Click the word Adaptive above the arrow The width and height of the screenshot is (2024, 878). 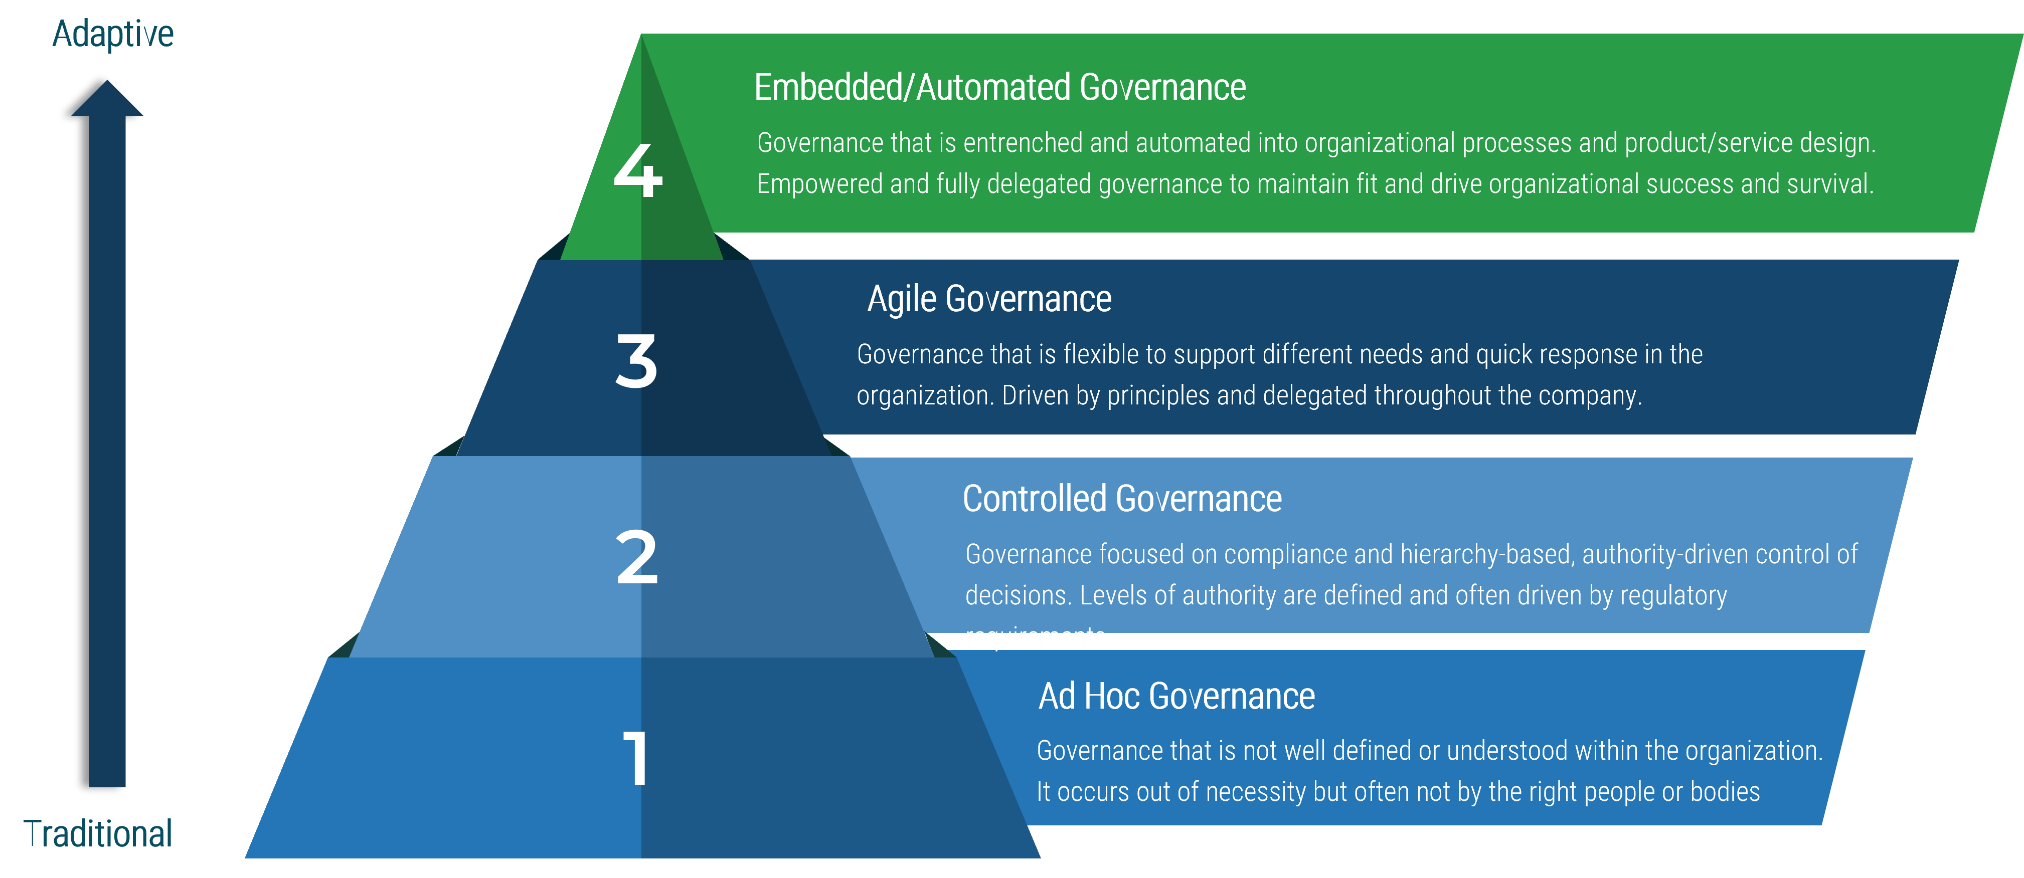[x=113, y=35]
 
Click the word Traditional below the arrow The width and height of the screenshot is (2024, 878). [x=98, y=834]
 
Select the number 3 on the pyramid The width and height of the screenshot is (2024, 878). [x=636, y=361]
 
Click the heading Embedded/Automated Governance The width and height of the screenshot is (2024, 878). [x=999, y=87]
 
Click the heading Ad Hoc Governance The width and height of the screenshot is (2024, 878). [x=1176, y=697]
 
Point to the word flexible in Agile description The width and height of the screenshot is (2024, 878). [x=1100, y=355]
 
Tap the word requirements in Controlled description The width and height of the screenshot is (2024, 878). [x=1037, y=637]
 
